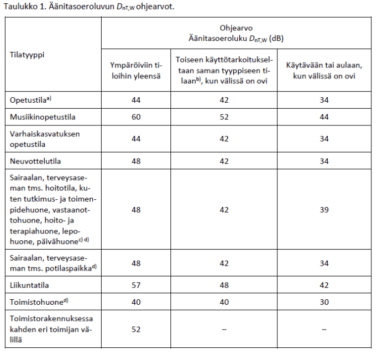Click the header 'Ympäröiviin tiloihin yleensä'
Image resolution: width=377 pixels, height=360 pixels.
[135, 71]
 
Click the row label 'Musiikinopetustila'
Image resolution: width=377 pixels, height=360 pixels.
[43, 117]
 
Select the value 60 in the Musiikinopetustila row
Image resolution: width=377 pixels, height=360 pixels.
[136, 117]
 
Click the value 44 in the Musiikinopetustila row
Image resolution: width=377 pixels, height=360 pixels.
[324, 117]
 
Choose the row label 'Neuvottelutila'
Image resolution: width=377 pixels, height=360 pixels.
[35, 161]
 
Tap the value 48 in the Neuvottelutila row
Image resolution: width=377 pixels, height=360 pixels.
[136, 161]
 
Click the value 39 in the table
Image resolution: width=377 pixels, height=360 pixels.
[324, 210]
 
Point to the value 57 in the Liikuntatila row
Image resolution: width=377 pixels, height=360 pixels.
[136, 285]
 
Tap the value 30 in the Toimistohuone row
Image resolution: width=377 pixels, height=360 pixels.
[324, 301]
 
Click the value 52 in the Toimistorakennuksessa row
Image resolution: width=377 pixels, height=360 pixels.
[136, 329]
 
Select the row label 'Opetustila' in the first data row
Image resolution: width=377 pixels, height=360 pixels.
[29, 100]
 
